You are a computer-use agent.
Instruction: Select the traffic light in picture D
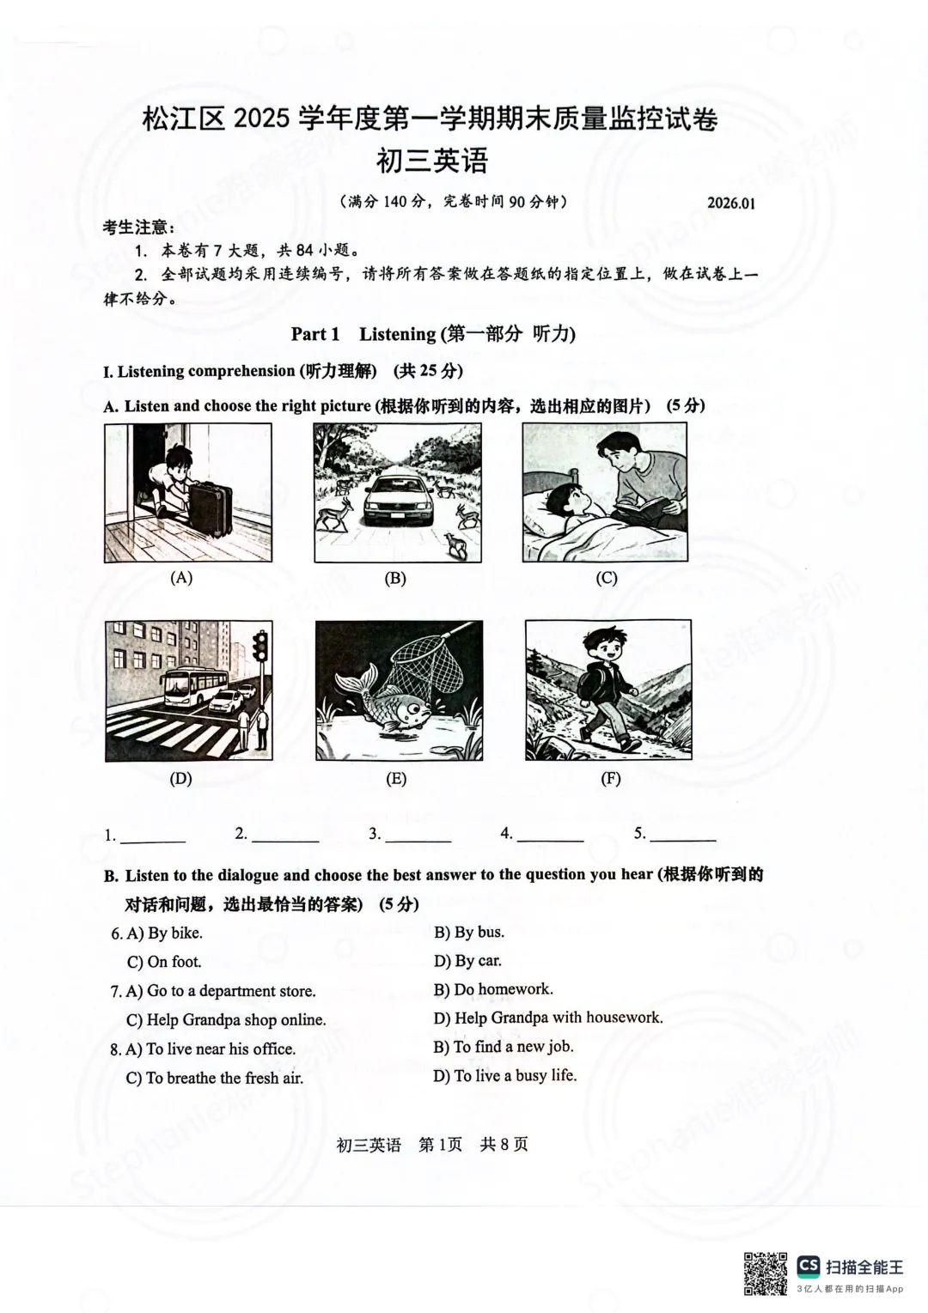point(259,645)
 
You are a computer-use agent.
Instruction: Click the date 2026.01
point(731,203)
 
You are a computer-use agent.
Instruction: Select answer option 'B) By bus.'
point(469,933)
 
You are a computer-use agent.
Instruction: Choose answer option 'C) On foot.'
point(164,962)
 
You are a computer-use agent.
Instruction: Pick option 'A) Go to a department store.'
point(221,991)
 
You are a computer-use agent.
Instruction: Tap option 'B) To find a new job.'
point(504,1047)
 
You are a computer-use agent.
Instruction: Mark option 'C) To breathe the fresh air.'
point(215,1078)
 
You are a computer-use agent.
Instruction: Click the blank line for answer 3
point(418,839)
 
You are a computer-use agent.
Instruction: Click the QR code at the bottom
point(765,1273)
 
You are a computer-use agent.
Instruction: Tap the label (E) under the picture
point(396,779)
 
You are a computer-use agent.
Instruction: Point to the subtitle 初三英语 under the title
point(432,160)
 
